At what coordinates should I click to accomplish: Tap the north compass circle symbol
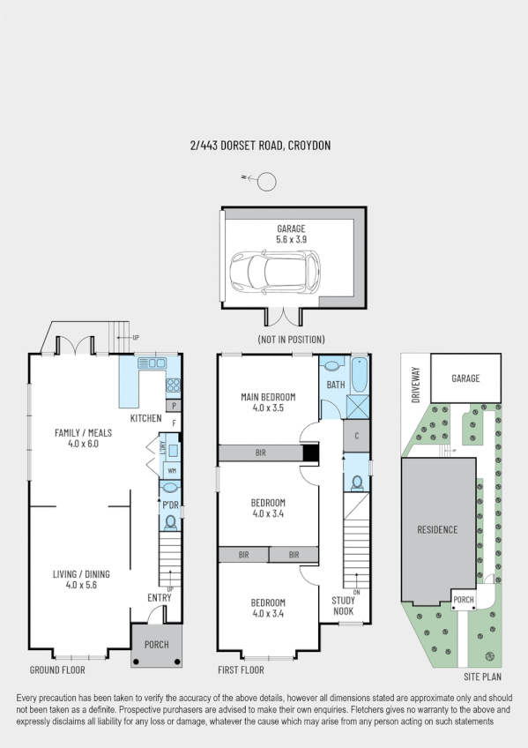(x=265, y=182)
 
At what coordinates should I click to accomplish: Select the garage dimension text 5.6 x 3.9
(x=290, y=239)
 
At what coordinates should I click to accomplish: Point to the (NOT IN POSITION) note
(x=291, y=340)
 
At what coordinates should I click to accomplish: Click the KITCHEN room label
(x=145, y=418)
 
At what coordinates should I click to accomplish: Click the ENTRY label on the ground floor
(x=160, y=598)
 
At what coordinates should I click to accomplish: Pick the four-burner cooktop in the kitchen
(x=173, y=385)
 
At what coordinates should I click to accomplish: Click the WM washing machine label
(x=172, y=471)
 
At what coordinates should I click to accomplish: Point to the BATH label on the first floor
(x=335, y=385)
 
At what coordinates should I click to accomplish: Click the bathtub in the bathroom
(x=359, y=375)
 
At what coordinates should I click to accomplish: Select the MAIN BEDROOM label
(x=268, y=402)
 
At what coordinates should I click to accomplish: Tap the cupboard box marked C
(x=355, y=436)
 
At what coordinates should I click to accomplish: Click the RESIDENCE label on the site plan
(x=437, y=529)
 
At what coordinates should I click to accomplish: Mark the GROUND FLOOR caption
(x=56, y=669)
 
